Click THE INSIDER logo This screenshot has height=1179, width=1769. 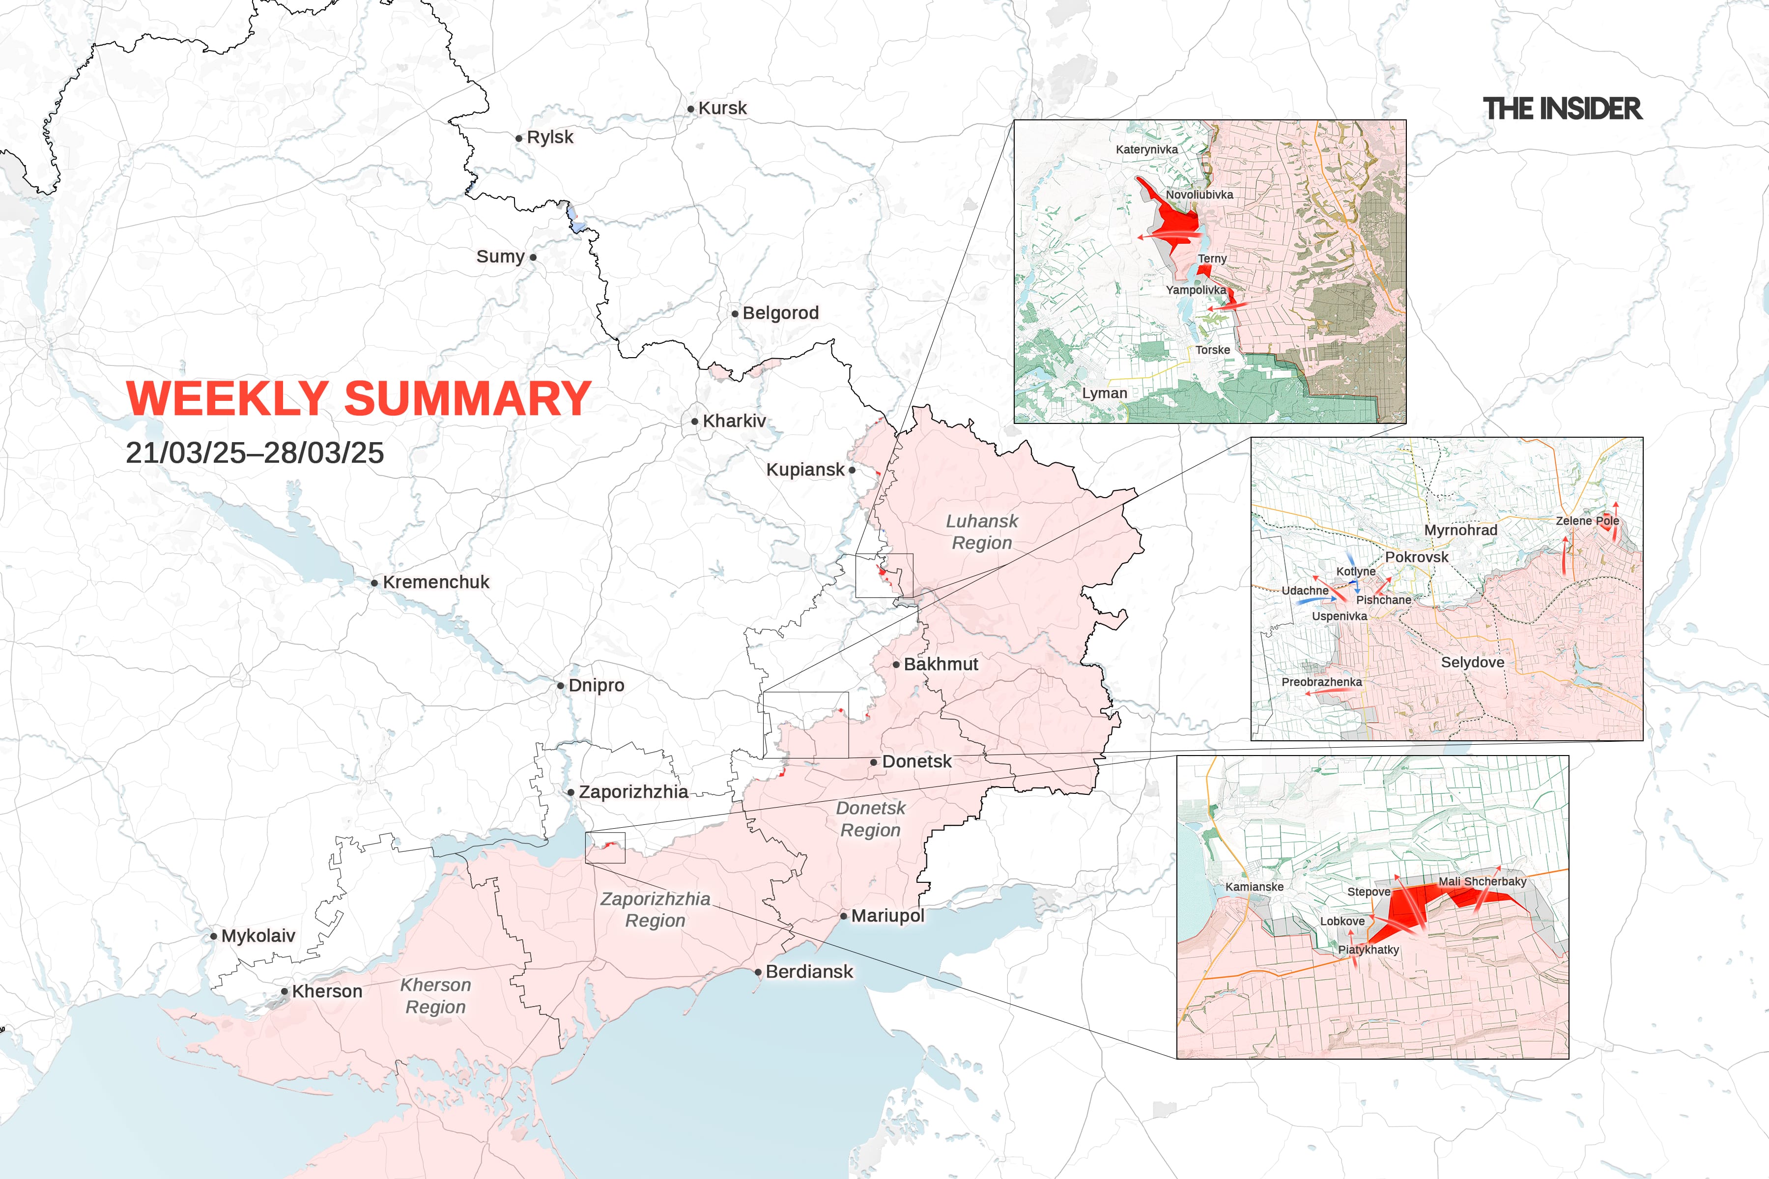click(x=1562, y=109)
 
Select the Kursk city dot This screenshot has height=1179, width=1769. click(x=690, y=109)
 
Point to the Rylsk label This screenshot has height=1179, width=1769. click(x=550, y=137)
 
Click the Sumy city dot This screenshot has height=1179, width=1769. click(x=533, y=257)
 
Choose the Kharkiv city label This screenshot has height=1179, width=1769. click(x=734, y=421)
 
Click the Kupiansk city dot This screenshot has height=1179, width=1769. click(x=852, y=470)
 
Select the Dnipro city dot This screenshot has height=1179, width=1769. click(x=560, y=686)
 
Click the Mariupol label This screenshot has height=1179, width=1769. click(x=887, y=916)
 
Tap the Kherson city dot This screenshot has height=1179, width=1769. click(x=285, y=992)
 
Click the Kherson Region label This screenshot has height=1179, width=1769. click(x=435, y=996)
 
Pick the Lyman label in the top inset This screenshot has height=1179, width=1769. click(x=1104, y=393)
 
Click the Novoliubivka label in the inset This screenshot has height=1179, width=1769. click(x=1199, y=195)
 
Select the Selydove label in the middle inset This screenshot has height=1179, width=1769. click(x=1472, y=662)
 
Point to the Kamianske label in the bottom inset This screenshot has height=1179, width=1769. click(x=1254, y=887)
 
